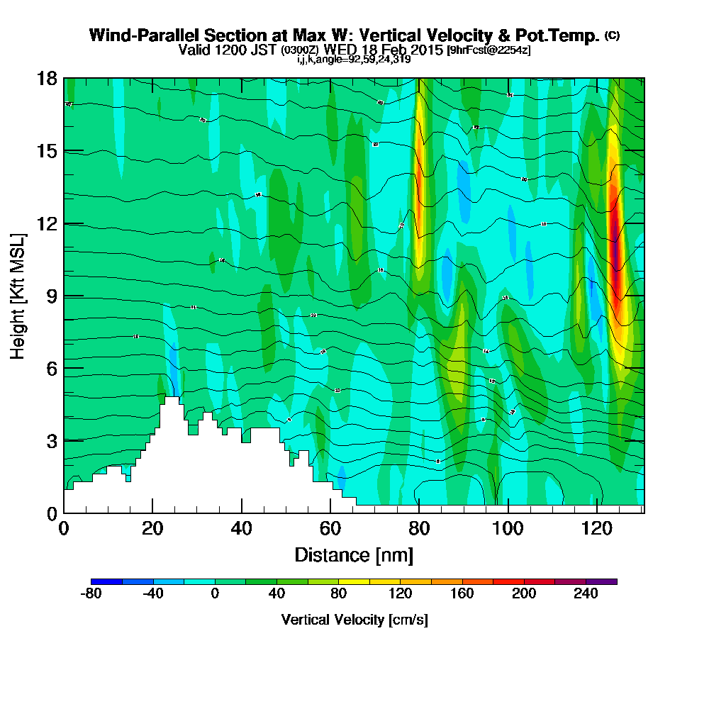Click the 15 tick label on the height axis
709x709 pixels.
(x=47, y=151)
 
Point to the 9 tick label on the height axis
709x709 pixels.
(x=52, y=296)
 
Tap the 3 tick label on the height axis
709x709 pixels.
(x=52, y=440)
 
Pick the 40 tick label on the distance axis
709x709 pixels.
(x=242, y=529)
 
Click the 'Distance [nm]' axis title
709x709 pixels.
(x=354, y=554)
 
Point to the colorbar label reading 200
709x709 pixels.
(x=525, y=594)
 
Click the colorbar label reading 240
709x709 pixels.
(x=586, y=594)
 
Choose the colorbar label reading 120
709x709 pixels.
(x=401, y=594)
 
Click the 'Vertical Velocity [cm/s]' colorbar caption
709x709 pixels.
(x=354, y=620)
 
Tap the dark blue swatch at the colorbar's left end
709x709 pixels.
(x=106, y=581)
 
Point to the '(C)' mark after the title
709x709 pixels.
(x=612, y=35)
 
